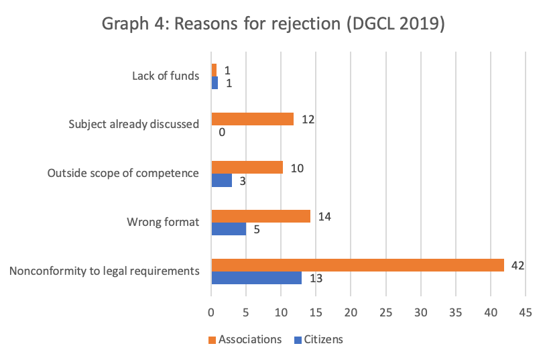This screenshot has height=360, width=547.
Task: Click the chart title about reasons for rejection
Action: tap(273, 25)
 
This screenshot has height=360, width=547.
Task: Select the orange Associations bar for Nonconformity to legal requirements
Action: tap(357, 265)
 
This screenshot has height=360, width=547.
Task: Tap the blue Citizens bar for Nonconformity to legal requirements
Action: tap(256, 278)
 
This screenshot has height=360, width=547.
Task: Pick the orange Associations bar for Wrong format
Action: tap(261, 216)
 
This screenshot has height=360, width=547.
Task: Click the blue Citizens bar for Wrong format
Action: tap(229, 229)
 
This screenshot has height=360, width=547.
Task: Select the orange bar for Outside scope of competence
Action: tap(247, 167)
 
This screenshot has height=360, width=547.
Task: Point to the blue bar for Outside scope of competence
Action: tap(221, 180)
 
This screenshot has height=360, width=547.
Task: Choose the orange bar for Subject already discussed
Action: tap(252, 119)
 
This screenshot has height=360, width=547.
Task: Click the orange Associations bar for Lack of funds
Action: tap(214, 70)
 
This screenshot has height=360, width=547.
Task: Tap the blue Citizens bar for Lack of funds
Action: tap(215, 83)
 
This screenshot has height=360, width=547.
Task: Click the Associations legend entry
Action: tap(245, 339)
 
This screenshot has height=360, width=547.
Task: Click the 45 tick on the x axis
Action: tap(525, 312)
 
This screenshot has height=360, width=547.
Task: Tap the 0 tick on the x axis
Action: tap(211, 312)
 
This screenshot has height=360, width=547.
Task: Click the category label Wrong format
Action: tap(163, 223)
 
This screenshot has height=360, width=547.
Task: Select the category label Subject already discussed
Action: tap(134, 125)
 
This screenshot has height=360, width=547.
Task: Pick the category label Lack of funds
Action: tap(166, 76)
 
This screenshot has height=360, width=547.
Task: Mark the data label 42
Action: tap(517, 265)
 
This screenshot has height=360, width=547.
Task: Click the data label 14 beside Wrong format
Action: tap(325, 217)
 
